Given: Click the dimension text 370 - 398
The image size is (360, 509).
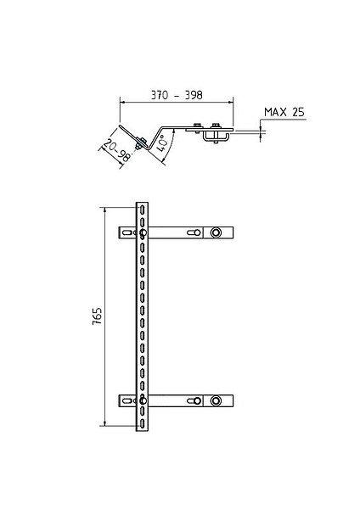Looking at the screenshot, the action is click(177, 95).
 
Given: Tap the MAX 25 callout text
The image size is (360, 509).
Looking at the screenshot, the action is click(284, 112).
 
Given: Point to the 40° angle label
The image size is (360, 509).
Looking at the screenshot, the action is click(163, 143).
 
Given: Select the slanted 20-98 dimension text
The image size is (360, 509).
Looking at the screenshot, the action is click(117, 150).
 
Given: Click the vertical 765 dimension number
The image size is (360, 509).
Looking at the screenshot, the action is click(97, 316).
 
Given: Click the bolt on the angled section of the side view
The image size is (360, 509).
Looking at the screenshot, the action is click(141, 143).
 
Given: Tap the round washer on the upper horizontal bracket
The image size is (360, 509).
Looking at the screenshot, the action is click(216, 232).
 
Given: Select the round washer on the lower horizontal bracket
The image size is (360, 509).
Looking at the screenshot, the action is click(216, 400).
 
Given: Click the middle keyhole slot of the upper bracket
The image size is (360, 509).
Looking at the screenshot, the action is click(194, 232).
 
